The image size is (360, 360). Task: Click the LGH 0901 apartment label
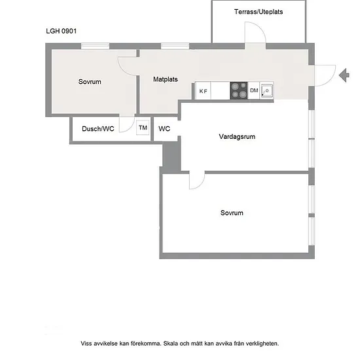pyautogui.click(x=62, y=31)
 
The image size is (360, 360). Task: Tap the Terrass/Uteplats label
pyautogui.click(x=259, y=12)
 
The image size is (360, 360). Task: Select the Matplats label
pyautogui.click(x=166, y=79)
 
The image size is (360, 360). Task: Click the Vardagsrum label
pyautogui.click(x=237, y=137)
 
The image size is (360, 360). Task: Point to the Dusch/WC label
pyautogui.click(x=98, y=129)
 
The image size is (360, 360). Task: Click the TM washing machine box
pyautogui.click(x=143, y=128)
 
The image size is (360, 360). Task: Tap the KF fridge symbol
pyautogui.click(x=203, y=91)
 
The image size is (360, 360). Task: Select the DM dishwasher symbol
pyautogui.click(x=254, y=90)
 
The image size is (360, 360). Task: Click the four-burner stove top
pyautogui.click(x=239, y=90)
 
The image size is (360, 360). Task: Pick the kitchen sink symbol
pyautogui.click(x=267, y=90)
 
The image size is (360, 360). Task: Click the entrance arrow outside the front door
pyautogui.click(x=344, y=75)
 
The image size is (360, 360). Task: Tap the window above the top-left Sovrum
pyautogui.click(x=96, y=46)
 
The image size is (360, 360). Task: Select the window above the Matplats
pyautogui.click(x=175, y=46)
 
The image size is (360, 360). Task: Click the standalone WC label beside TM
pyautogui.click(x=164, y=129)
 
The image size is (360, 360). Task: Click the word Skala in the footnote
pyautogui.click(x=171, y=344)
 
